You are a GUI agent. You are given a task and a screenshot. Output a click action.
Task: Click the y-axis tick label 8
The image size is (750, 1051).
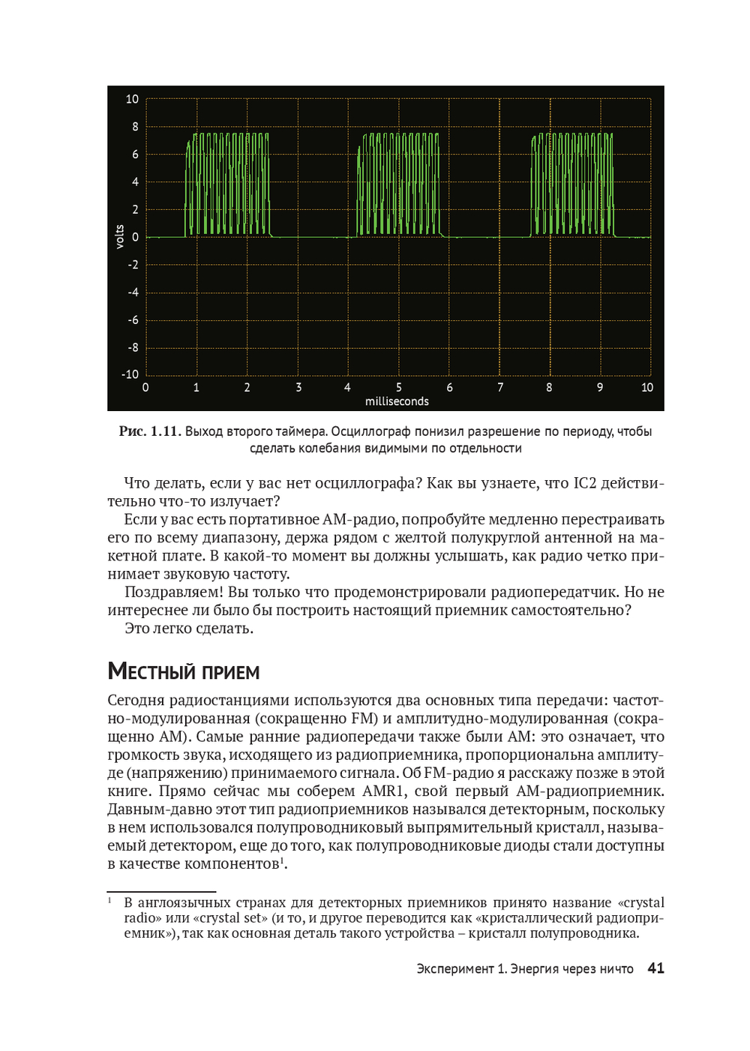tap(135, 127)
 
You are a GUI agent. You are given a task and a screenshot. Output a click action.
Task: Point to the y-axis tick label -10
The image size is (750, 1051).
tap(130, 374)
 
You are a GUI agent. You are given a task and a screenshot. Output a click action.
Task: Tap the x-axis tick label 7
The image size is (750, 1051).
tap(500, 388)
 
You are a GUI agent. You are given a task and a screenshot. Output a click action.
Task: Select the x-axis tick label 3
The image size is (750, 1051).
tap(298, 388)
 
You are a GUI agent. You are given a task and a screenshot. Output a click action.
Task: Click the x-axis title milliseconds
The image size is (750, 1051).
tap(397, 401)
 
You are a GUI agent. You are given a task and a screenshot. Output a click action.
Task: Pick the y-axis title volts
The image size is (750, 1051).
tap(119, 237)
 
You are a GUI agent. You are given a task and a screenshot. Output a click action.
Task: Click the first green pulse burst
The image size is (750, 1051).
tap(227, 185)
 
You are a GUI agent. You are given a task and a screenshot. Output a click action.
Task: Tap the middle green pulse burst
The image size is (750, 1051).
tap(398, 185)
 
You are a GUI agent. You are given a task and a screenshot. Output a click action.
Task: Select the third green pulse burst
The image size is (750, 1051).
tap(572, 185)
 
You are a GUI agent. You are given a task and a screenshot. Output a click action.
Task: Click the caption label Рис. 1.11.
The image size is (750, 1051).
tap(149, 431)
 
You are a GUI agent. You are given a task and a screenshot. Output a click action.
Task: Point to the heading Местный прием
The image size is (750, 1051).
tap(184, 671)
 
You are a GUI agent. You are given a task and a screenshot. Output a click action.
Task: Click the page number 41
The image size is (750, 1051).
tap(655, 968)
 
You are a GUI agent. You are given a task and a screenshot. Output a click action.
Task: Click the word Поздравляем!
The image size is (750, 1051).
tap(174, 592)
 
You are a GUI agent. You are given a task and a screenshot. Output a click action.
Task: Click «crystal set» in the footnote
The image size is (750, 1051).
tap(230, 918)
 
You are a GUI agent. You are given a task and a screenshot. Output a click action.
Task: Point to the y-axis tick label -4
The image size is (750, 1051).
tap(133, 293)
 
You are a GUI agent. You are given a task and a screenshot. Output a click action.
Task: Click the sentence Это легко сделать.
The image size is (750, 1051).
tap(189, 629)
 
